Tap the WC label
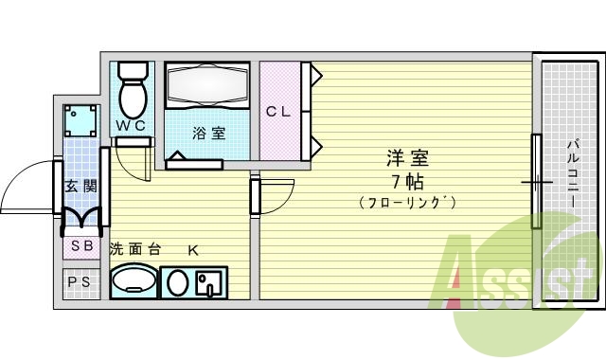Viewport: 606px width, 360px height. coord(131,124)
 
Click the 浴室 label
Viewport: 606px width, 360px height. coord(209,133)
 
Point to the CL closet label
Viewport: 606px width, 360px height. coord(277,112)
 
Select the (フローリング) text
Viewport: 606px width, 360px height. coord(408,203)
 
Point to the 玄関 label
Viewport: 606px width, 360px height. coord(80,187)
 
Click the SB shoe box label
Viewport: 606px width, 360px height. coord(80,246)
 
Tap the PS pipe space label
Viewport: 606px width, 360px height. coord(80,282)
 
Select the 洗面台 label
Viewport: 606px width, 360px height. coord(134,250)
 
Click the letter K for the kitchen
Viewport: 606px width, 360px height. coord(192,250)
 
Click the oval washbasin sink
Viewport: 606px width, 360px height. coord(134,281)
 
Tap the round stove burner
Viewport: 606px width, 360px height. coord(175,281)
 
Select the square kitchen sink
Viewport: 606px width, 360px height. coord(209,281)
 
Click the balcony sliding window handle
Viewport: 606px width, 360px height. coord(537,179)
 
